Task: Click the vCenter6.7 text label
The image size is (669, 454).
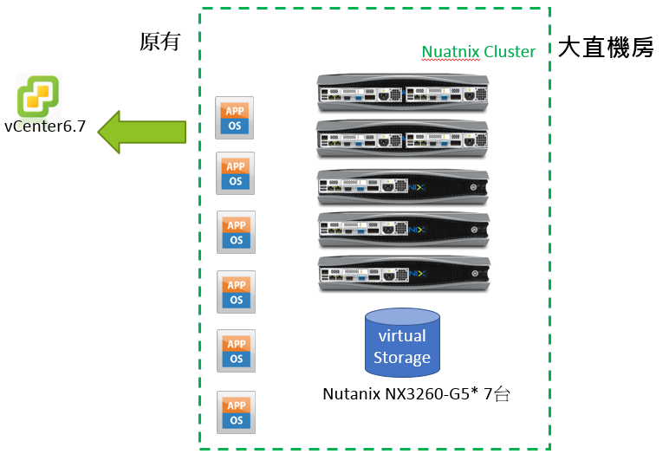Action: point(45,126)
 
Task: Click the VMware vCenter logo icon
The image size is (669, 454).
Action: point(39,94)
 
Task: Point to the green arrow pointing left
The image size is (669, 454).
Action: point(142,132)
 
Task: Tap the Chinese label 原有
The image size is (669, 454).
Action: point(159,42)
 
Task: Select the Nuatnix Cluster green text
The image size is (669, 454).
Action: point(478,52)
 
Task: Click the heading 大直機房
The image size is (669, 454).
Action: point(605,48)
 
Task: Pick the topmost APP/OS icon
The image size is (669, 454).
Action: point(235,118)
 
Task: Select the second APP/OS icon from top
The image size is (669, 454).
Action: point(235,173)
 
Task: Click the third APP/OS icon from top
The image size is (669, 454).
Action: point(236,232)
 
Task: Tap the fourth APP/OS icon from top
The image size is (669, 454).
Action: point(236,292)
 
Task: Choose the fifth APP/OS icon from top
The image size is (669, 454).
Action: point(236,351)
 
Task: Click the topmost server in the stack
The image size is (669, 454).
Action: point(402,94)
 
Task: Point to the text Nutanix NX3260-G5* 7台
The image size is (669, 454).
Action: point(416,394)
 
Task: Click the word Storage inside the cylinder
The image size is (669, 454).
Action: point(402,357)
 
